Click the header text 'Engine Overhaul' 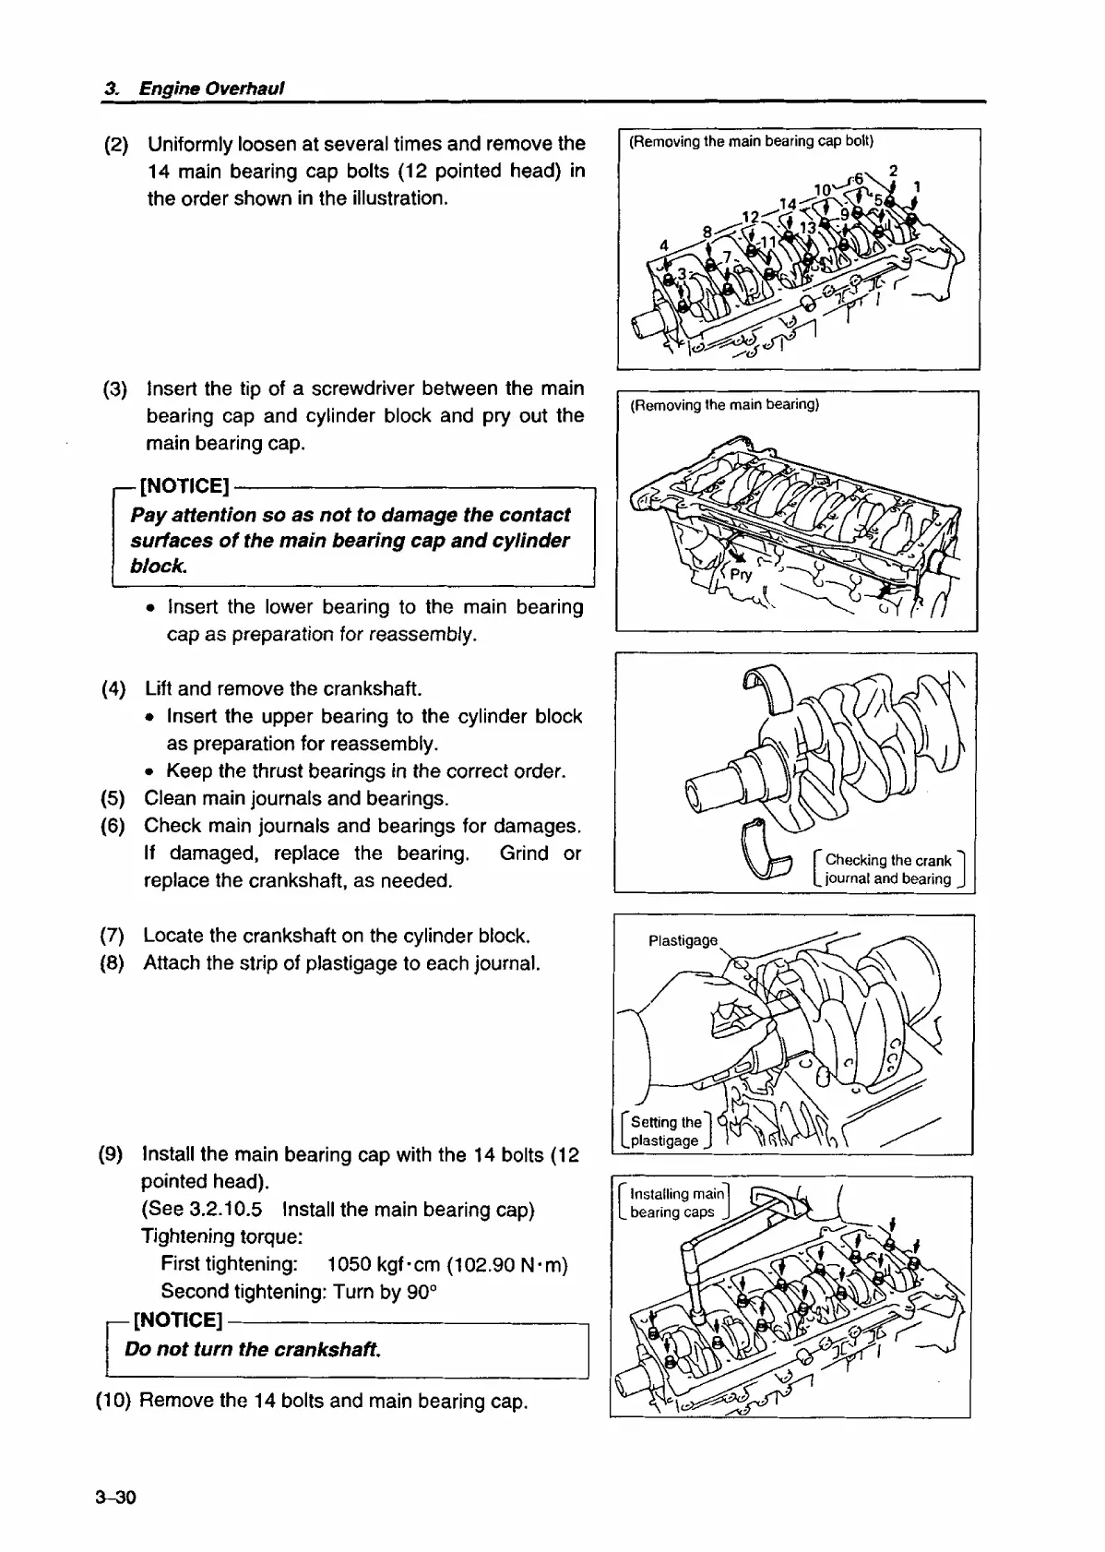click(x=210, y=89)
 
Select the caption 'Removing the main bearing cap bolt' click(x=750, y=142)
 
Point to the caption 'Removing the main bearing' click(x=724, y=405)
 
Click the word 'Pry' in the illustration click(x=741, y=574)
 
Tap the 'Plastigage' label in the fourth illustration click(x=683, y=941)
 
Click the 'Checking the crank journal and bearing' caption click(x=887, y=869)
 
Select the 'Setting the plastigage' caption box click(x=665, y=1131)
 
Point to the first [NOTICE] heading click(x=183, y=486)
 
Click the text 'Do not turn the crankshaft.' click(x=252, y=1349)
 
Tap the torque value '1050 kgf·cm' click(x=386, y=1263)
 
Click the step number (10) click(x=114, y=1402)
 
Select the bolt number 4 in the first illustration click(x=663, y=245)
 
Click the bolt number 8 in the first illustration click(x=707, y=231)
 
